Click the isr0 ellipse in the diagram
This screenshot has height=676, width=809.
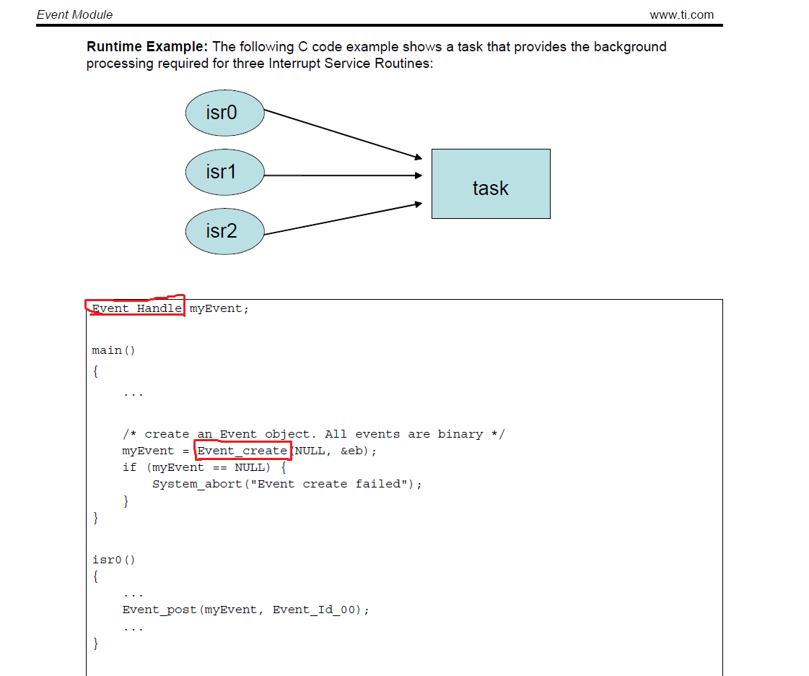tap(225, 113)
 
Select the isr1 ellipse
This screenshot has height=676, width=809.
tap(225, 172)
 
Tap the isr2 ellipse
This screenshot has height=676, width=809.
tap(225, 231)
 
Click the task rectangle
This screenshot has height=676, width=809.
tap(491, 184)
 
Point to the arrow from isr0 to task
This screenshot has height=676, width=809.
tap(343, 134)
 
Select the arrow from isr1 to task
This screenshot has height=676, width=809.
tap(343, 175)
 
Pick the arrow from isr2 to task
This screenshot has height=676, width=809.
tap(343, 219)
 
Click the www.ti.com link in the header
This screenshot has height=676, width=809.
tap(681, 14)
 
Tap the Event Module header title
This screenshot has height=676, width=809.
tap(75, 14)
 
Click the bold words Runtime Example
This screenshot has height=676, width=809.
tap(147, 46)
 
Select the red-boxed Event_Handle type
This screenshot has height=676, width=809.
tap(136, 308)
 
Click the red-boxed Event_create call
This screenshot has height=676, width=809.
tap(242, 451)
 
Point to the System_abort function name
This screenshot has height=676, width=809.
tap(197, 484)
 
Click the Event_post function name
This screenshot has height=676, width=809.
tap(159, 610)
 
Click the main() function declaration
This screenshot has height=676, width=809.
tap(113, 350)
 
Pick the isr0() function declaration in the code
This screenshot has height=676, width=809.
tap(113, 560)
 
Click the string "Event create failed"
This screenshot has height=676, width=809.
tap(328, 484)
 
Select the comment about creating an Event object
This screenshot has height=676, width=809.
tap(314, 434)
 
